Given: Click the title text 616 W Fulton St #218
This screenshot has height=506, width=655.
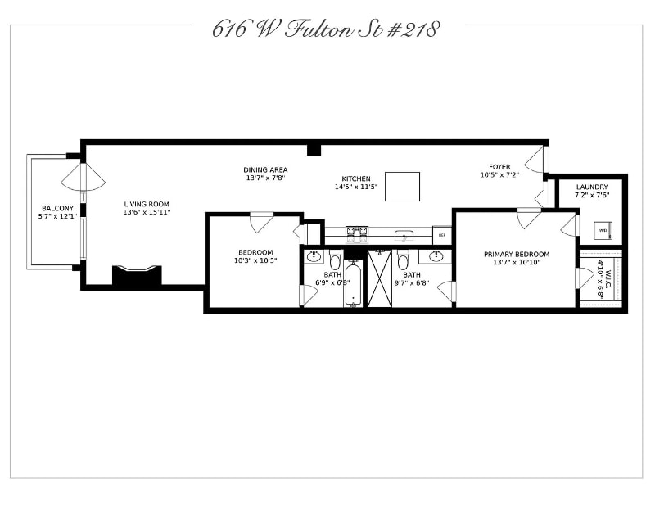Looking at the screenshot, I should (x=326, y=29).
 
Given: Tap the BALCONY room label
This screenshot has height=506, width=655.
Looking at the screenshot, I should (x=56, y=208).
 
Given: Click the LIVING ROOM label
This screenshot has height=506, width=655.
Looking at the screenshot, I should (x=147, y=204).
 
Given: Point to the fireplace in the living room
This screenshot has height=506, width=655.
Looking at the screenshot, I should (x=137, y=275).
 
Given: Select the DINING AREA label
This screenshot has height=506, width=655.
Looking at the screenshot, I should (x=265, y=169).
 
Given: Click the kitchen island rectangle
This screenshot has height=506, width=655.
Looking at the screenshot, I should (x=402, y=186).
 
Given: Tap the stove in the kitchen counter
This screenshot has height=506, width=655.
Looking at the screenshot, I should (x=356, y=234).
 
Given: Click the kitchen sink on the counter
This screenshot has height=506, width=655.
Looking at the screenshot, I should (x=403, y=236).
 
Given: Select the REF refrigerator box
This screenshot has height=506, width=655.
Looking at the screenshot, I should (x=442, y=236).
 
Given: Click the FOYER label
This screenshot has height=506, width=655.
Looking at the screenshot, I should (x=499, y=167).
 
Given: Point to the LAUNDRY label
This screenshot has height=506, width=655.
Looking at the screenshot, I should (x=591, y=187).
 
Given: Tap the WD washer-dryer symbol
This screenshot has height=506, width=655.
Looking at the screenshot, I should (x=603, y=230).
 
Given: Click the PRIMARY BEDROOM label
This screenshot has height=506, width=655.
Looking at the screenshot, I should (x=516, y=254).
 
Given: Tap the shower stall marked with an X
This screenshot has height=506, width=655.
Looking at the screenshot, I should (x=379, y=278).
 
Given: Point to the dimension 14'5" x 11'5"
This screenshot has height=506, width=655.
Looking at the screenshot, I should (x=356, y=187).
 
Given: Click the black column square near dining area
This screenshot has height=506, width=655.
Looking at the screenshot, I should (x=314, y=149).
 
